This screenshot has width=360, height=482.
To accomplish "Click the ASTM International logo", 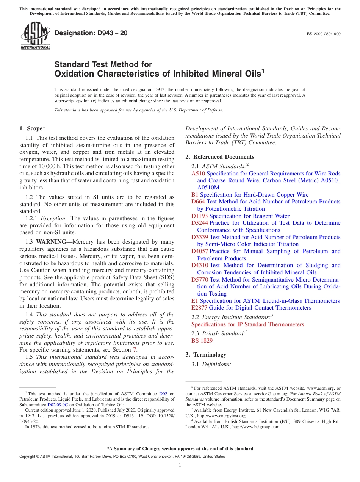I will [35, 36].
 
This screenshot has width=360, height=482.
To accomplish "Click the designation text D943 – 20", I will [91, 33].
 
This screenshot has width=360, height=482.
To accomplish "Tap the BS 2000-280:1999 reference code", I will [323, 34].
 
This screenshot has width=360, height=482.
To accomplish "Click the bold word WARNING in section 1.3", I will [53, 242].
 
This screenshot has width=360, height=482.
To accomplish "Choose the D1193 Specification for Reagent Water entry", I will [240, 216].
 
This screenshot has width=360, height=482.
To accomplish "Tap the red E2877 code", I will [199, 308].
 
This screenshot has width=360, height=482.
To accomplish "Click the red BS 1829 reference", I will [202, 341].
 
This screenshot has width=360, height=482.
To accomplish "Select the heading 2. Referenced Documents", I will [220, 157].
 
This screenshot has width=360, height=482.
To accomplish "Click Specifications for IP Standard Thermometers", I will [247, 324].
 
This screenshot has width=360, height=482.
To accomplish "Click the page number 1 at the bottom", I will [180, 465].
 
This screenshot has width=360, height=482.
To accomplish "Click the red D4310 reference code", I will [200, 265].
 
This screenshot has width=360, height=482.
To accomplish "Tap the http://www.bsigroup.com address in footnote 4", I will [256, 427].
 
